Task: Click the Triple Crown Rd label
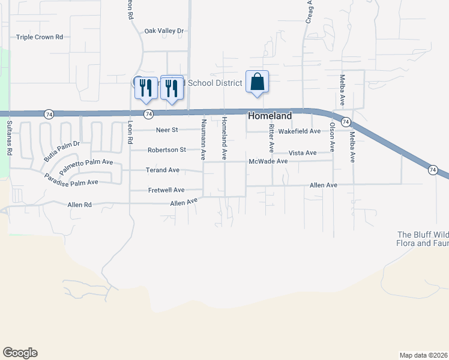click(40, 37)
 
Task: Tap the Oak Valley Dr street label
click(164, 31)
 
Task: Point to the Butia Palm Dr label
click(61, 152)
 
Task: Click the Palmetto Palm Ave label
click(86, 163)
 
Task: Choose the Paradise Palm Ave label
click(71, 179)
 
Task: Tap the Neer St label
click(167, 130)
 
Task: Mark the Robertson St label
click(167, 149)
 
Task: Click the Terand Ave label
click(163, 170)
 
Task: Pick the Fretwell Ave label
click(166, 190)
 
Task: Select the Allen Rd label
click(79, 205)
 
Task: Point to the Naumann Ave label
click(204, 139)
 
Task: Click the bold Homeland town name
click(270, 116)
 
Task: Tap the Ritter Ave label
click(271, 137)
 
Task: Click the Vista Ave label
click(303, 153)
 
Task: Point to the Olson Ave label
click(331, 136)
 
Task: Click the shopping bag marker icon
click(257, 82)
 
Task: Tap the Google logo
click(20, 353)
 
